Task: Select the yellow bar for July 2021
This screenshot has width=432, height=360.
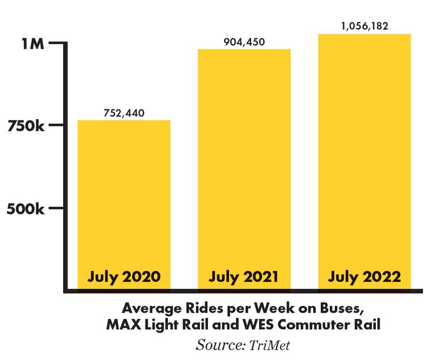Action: (x=244, y=162)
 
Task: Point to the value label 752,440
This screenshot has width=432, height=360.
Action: (x=124, y=113)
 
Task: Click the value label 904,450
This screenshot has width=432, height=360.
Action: (x=244, y=42)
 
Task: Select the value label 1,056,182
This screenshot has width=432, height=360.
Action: (x=364, y=26)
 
